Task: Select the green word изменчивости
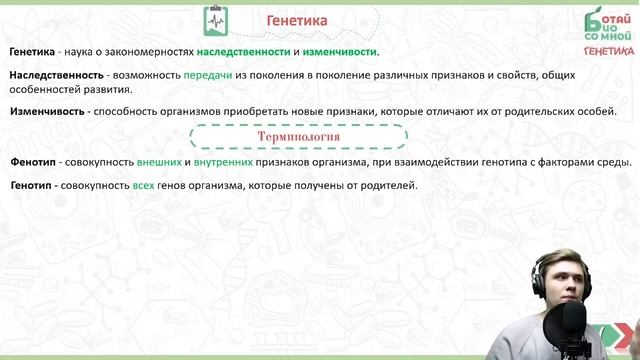pyautogui.click(x=341, y=52)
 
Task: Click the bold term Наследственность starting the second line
pyautogui.click(x=56, y=76)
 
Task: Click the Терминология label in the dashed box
pyautogui.click(x=298, y=136)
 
